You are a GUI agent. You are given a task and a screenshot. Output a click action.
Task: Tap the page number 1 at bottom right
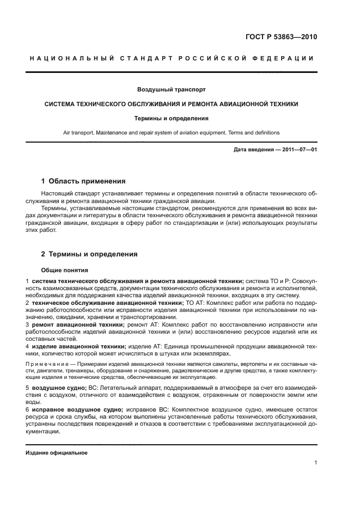pos(315,463)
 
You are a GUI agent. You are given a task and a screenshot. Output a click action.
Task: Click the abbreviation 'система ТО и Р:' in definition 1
pos(269,281)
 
